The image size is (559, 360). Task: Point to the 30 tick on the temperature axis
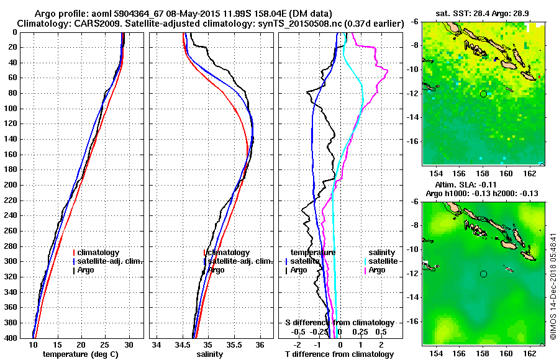click(129, 345)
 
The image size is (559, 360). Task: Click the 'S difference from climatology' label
click(339, 323)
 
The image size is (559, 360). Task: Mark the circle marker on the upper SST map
click(483, 94)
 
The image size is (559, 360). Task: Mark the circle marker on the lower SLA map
click(483, 274)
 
